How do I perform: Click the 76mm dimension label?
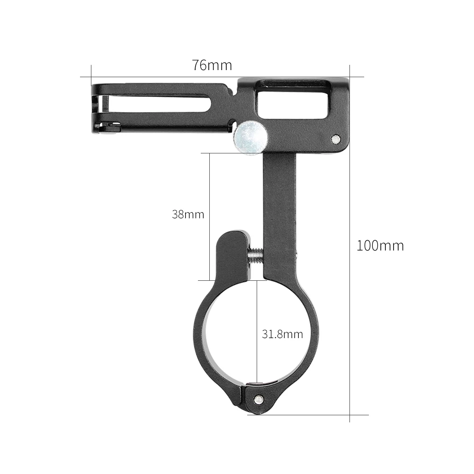pyautogui.click(x=212, y=65)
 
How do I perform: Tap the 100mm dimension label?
pyautogui.click(x=380, y=246)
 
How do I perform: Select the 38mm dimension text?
pyautogui.click(x=188, y=215)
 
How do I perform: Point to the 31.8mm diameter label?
pyautogui.click(x=282, y=334)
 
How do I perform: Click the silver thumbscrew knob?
pyautogui.click(x=250, y=137)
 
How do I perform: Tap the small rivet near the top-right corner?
pyautogui.click(x=335, y=138)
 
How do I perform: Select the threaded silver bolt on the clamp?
pyautogui.click(x=255, y=254)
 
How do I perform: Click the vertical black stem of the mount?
pyautogui.click(x=279, y=208)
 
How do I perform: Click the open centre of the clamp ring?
pyautogui.click(x=237, y=331)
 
